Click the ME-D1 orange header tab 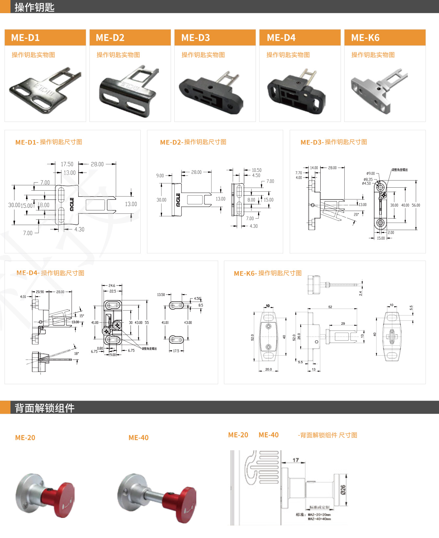[45, 37]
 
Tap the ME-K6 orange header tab [385, 37]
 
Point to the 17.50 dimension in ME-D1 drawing [67, 164]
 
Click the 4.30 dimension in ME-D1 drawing [79, 229]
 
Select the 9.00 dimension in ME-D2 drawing [160, 175]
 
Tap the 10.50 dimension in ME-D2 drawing [256, 170]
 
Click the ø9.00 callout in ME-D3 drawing [371, 173]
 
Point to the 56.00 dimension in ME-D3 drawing [416, 205]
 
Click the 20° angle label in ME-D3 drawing [356, 214]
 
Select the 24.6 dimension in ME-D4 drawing [112, 286]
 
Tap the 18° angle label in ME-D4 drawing [76, 354]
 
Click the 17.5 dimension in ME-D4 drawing [176, 351]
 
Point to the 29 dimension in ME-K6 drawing [343, 323]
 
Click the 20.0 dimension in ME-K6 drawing [268, 369]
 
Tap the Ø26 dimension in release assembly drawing [343, 490]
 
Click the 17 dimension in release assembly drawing [295, 460]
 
